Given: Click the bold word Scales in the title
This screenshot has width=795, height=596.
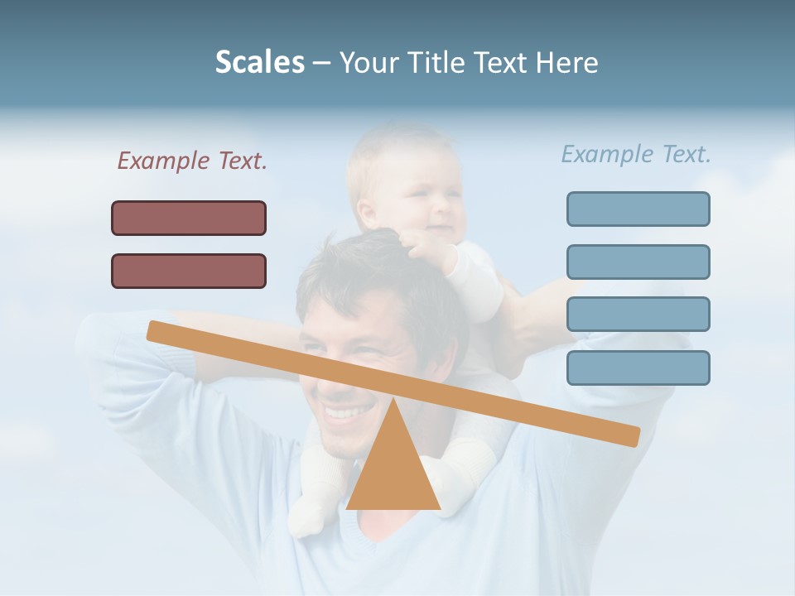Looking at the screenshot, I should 260,62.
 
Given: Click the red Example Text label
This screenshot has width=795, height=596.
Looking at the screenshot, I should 192,161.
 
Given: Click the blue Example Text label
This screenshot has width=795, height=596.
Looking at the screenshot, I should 636,154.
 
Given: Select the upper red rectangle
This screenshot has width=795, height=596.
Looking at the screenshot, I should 189,218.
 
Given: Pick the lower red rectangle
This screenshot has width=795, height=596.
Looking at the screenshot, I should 189,271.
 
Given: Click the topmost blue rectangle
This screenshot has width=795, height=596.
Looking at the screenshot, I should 638,209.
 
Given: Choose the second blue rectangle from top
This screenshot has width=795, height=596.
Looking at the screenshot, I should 638,262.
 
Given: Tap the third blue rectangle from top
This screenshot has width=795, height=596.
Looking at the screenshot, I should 638,314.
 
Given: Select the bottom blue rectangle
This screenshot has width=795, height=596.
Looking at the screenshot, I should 638,368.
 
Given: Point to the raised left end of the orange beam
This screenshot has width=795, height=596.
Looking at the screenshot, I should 157,330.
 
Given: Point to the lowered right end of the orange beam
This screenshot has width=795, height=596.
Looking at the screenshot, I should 629,435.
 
